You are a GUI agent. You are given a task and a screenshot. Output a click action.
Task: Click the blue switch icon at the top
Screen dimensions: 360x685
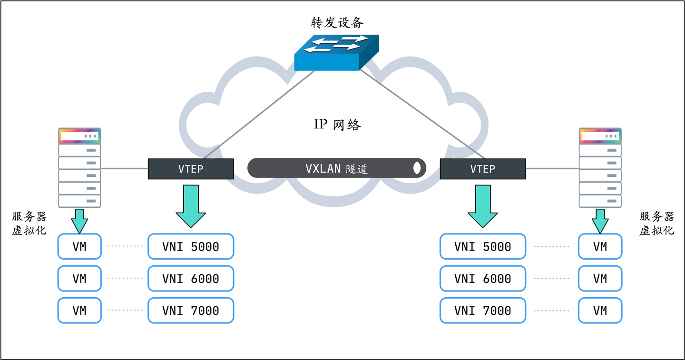336,52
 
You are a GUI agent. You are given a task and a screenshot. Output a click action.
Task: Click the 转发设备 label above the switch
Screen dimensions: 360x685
336,22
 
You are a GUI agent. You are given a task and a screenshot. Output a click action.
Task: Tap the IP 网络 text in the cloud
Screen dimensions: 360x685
337,125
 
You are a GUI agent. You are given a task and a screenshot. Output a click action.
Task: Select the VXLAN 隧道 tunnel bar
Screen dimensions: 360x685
336,168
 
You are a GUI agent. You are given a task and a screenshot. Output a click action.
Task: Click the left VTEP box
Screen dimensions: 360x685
191,169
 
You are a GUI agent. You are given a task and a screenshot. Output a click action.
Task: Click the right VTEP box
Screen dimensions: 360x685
483,169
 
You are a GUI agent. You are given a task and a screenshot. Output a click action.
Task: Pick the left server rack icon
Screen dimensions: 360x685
79,167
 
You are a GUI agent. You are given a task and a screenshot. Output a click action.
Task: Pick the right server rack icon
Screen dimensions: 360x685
600,167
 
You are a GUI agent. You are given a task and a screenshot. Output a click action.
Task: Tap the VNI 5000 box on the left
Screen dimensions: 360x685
191,246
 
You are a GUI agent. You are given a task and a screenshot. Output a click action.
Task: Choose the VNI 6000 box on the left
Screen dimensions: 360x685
191,279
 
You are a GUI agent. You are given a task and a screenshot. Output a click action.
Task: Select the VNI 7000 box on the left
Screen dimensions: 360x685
191,311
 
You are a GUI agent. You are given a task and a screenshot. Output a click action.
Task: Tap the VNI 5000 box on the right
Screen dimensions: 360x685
483,246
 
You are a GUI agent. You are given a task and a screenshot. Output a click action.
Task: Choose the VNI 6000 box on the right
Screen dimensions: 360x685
483,279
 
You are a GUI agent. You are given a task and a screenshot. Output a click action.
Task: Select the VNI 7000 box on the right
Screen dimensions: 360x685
483,311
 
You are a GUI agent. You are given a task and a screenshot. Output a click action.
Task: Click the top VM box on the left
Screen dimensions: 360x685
79,246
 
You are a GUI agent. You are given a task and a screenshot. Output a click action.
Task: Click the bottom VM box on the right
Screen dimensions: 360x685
600,311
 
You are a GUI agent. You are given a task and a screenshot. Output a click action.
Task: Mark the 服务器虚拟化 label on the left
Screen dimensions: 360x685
29,224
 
